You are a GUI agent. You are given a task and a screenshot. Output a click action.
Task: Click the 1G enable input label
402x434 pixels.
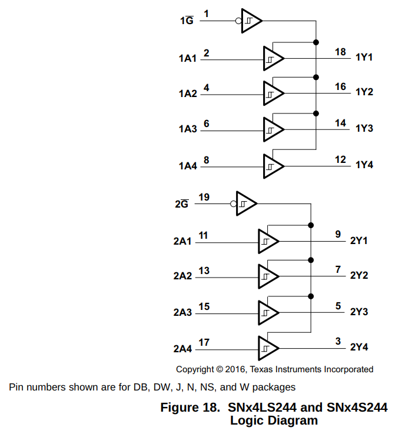pos(187,20)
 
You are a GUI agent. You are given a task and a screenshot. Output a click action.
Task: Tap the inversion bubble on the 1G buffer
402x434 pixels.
pos(238,21)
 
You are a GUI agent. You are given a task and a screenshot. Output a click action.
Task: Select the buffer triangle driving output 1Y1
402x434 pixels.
pos(274,58)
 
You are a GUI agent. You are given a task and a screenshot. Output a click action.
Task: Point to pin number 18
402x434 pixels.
pos(341,52)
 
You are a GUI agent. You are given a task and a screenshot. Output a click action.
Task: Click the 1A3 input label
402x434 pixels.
pos(188,129)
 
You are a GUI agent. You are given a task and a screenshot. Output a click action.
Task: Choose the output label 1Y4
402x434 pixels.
pos(364,165)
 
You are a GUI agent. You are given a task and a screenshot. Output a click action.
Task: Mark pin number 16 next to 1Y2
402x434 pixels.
pos(341,86)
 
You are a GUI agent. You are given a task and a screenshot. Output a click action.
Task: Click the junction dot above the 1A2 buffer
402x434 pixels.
pos(316,77)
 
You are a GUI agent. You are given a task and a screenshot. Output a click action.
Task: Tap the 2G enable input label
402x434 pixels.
pos(182,203)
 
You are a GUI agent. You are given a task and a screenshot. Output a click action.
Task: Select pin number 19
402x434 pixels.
pos(204,197)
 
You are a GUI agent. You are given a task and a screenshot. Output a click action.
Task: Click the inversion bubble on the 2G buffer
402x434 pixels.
pos(233,204)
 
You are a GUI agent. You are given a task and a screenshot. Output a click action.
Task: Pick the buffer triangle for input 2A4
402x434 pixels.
pos(268,348)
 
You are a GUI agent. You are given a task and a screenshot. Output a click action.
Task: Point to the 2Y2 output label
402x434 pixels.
pos(359,275)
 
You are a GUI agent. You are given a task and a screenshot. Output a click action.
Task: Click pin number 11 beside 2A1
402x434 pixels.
pos(204,236)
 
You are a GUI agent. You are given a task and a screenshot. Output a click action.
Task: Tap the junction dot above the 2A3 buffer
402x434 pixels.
pos(311,296)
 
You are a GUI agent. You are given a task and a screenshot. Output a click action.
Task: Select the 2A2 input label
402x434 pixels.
pos(182,276)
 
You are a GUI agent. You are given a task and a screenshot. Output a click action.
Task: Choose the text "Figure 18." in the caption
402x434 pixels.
pos(190,408)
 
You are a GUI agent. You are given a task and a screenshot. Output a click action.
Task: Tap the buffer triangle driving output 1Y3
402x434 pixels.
pos(274,129)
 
